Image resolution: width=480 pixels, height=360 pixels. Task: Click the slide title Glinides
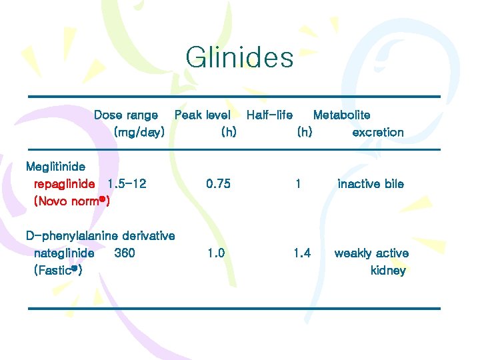pos(239,57)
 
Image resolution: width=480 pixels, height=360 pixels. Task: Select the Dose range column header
pos(126,115)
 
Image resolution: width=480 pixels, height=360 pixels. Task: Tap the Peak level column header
pos(202,115)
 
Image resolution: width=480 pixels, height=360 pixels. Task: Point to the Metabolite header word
pos(341,115)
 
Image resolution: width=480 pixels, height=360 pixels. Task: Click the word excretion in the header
pos(377,133)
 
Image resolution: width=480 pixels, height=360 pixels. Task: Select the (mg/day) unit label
pos(139,133)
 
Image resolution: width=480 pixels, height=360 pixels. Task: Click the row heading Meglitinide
pos(55,167)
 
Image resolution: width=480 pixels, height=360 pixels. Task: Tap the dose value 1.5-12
pos(127,184)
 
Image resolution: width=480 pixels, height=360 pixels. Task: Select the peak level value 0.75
pos(219,184)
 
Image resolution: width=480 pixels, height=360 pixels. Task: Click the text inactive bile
pos(371,184)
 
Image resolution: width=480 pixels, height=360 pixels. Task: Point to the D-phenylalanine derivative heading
pos(100,236)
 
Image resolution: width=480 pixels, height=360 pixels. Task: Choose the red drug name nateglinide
pos(64,253)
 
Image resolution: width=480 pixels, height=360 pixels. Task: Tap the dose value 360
pos(125,253)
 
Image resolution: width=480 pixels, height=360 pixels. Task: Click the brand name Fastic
pos(57,271)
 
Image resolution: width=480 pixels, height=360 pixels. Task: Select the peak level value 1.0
pos(216,253)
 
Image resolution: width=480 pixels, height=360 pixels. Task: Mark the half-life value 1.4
pos(302,253)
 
